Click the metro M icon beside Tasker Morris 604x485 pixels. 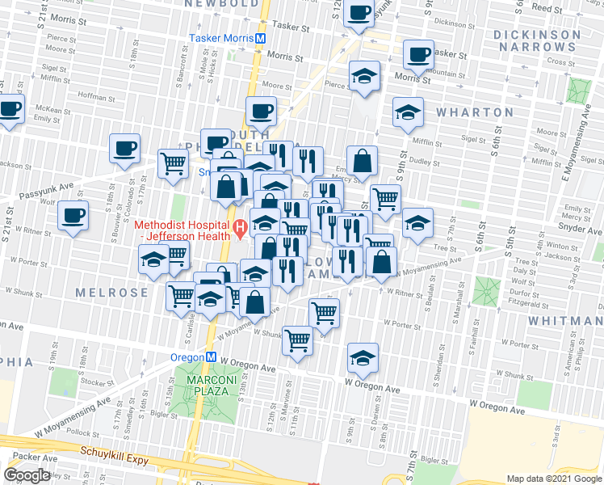(261, 38)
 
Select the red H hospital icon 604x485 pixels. (239, 230)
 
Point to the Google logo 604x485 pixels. (27, 475)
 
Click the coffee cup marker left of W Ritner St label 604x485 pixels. (73, 216)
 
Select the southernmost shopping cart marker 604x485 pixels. (297, 340)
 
